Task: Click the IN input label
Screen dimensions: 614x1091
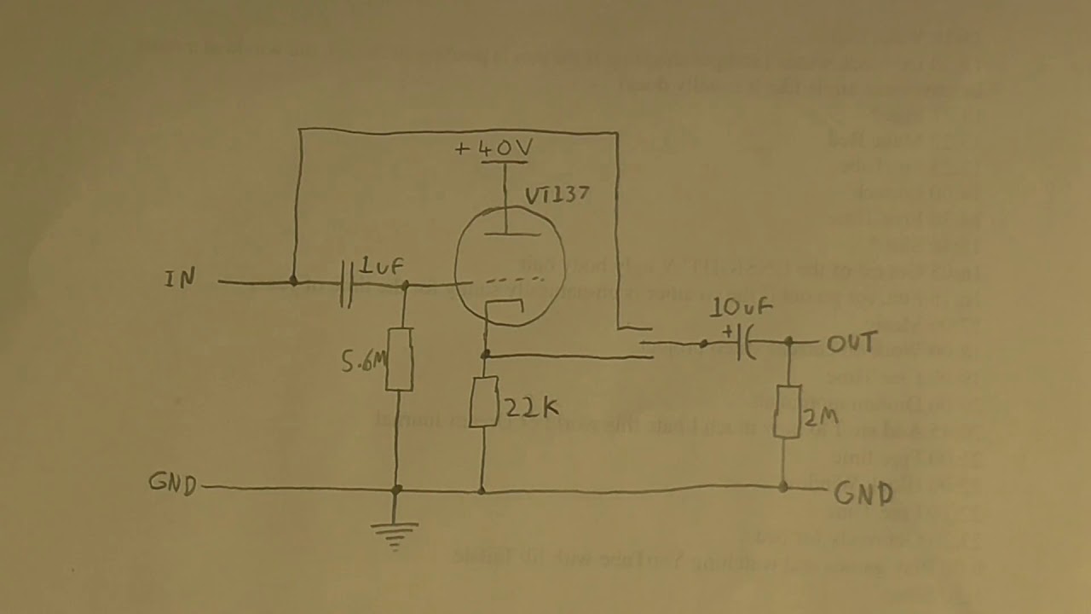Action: (x=181, y=278)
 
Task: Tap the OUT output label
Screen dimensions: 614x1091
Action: (x=851, y=343)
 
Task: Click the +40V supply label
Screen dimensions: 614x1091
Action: (x=494, y=149)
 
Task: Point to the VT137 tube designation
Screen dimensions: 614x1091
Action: (x=557, y=195)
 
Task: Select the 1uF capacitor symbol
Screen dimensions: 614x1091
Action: (x=346, y=283)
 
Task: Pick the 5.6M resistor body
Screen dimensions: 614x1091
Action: (x=399, y=358)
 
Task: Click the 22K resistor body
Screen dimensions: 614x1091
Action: (x=483, y=403)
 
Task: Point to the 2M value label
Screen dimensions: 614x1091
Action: (x=819, y=417)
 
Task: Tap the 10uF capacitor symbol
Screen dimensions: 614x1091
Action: (x=746, y=343)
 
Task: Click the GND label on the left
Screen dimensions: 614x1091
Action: (x=172, y=484)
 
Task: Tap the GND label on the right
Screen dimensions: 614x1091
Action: (x=863, y=493)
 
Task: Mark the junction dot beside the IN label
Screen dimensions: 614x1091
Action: (x=293, y=280)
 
